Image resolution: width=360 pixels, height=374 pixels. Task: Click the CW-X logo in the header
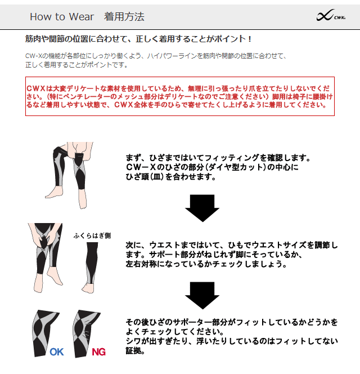pos(331,16)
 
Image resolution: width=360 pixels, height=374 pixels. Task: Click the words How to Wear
pos(62,17)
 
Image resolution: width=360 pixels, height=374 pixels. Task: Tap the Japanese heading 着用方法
pos(124,17)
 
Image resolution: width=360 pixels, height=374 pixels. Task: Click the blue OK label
pos(57,352)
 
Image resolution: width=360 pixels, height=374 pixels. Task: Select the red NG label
pos(98,352)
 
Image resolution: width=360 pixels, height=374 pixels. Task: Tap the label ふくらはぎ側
pos(92,235)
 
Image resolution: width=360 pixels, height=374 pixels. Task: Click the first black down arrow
pos(202,208)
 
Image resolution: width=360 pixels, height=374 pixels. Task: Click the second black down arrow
pos(202,296)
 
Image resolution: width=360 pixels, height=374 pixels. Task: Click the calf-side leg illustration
pos(91,268)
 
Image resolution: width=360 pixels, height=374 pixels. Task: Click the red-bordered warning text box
pos(180,96)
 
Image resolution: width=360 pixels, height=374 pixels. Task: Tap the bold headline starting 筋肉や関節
pos(138,39)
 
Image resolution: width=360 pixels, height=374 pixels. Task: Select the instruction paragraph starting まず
pos(218,167)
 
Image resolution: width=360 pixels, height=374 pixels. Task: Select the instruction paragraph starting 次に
pos(232,255)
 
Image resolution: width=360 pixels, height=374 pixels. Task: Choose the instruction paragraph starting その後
pos(232,336)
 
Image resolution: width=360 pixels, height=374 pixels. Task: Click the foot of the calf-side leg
pos(88,288)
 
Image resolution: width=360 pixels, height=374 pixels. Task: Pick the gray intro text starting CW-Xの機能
pos(156,60)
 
